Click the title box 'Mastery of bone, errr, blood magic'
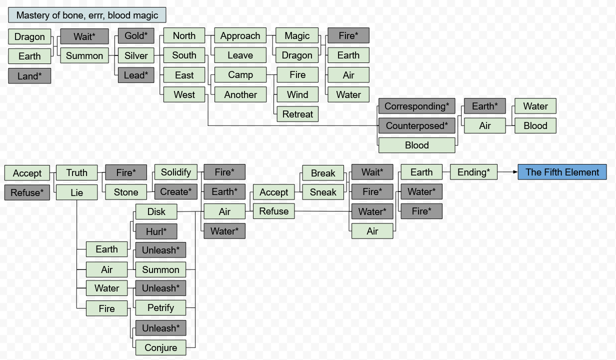point(87,15)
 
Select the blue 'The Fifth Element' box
point(562,172)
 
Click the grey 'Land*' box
point(29,76)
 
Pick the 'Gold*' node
point(136,36)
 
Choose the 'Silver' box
point(136,55)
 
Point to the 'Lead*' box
point(136,75)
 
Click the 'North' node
point(184,36)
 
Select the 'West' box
point(184,94)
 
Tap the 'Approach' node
point(240,36)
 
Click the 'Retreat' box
point(297,114)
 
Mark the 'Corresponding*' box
point(416,106)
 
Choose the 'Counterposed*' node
point(416,126)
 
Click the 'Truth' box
point(76,172)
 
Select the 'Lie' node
point(76,192)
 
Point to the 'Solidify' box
point(175,172)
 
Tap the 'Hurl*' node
point(156,231)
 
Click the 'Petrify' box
point(160,307)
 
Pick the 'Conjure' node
point(160,347)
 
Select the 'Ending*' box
point(474,172)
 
